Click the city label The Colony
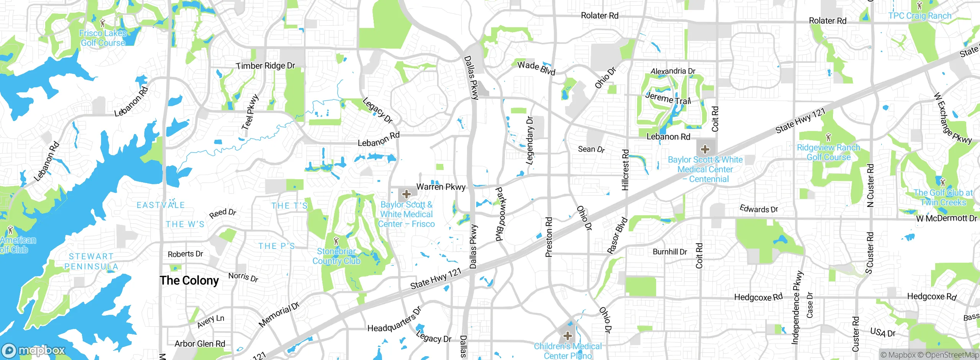pyautogui.click(x=189, y=280)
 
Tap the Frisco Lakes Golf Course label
pyautogui.click(x=103, y=38)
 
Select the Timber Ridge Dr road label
pyautogui.click(x=265, y=66)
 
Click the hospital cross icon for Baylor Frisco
pyautogui.click(x=407, y=194)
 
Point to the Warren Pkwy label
pyautogui.click(x=441, y=187)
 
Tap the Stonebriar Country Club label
pyautogui.click(x=336, y=256)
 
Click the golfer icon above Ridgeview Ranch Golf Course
pyautogui.click(x=828, y=137)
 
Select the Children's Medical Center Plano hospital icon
pyautogui.click(x=568, y=336)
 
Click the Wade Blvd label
pyautogui.click(x=536, y=68)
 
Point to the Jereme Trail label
pyautogui.click(x=668, y=98)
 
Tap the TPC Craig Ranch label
pyautogui.click(x=920, y=16)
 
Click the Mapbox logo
pyautogui.click(x=34, y=350)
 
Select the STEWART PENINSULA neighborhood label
pyautogui.click(x=91, y=261)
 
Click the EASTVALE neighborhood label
pyautogui.click(x=161, y=205)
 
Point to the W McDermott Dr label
pyautogui.click(x=946, y=218)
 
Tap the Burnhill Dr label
pyautogui.click(x=670, y=252)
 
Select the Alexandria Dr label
pyautogui.click(x=673, y=71)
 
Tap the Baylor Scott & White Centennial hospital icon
pyautogui.click(x=705, y=149)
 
